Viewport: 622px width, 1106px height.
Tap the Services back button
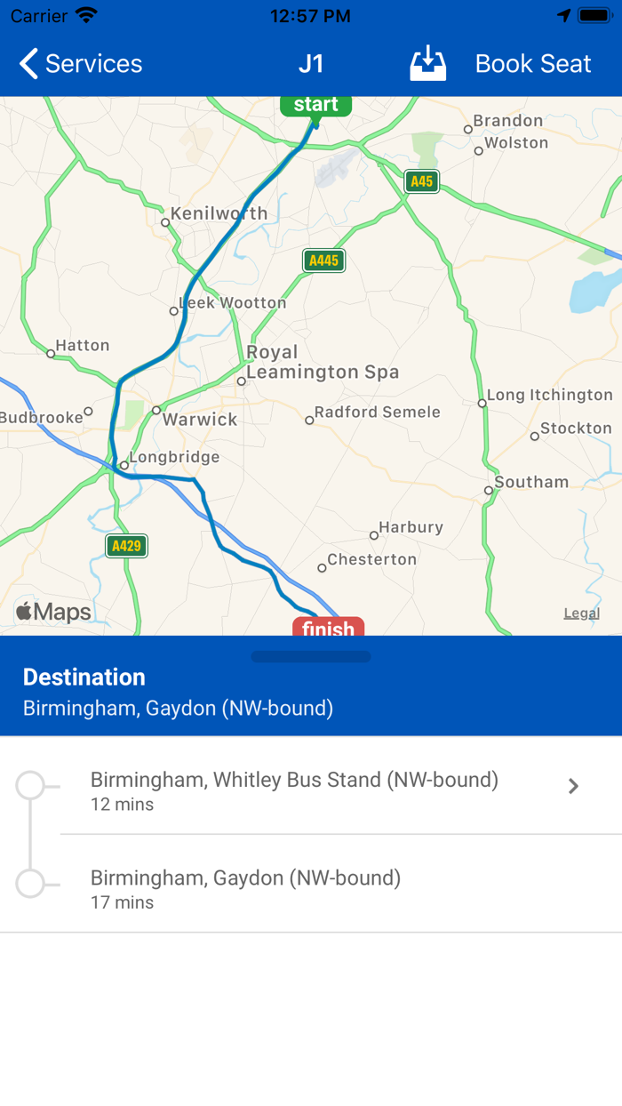pos(80,64)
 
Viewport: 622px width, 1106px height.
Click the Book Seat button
pos(532,64)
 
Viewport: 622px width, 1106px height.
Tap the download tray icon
pos(427,64)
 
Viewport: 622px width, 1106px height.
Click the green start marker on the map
pos(315,105)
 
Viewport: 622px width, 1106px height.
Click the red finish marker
pos(328,628)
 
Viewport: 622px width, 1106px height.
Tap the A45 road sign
pos(421,182)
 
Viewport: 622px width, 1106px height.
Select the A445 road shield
pos(323,260)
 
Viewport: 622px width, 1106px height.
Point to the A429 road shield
pos(126,546)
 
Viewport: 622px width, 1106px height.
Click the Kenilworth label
pos(219,213)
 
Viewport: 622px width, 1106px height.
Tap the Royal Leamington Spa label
pos(322,363)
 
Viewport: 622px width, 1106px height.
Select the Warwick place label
pos(199,420)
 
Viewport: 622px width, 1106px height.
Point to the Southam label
pos(531,483)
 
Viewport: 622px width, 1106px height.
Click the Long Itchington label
pos(549,395)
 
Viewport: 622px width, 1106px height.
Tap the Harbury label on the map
pos(411,527)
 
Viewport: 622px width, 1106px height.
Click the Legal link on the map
pos(582,613)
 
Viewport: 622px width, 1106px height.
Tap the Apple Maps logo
pos(54,612)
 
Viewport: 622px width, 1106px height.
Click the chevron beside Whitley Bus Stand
pos(574,786)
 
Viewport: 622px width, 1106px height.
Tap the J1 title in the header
pos(311,64)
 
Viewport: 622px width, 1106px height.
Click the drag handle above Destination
pos(311,657)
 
